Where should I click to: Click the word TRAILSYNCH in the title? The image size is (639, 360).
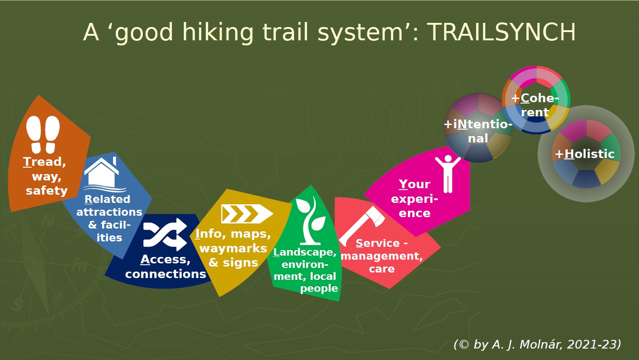coord(501,32)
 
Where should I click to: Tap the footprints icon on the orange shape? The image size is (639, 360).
coord(43,135)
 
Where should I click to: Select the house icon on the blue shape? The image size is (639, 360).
coord(103,174)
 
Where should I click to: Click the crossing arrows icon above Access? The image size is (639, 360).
coord(165,235)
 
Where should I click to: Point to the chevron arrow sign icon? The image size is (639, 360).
coord(247,214)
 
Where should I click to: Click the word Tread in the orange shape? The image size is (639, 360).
coord(44,162)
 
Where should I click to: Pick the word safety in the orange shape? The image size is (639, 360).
coord(47,191)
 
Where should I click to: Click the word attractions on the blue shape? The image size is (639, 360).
coord(109,212)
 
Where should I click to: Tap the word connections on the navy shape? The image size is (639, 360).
coord(165,274)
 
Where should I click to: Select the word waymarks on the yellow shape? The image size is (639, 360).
coord(233,248)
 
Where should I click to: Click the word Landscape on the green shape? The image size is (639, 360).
coord(305,252)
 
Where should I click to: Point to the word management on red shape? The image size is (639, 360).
coord(382,256)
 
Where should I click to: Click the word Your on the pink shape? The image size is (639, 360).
coord(415,185)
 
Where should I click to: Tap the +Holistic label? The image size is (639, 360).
coord(585,154)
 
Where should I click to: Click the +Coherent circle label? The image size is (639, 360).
coord(535,105)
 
